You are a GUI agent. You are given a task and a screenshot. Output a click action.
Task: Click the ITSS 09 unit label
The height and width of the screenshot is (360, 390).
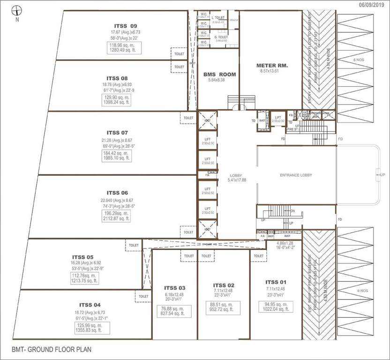point(126,26)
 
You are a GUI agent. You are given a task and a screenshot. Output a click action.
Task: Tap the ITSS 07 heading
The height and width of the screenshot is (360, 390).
point(117,133)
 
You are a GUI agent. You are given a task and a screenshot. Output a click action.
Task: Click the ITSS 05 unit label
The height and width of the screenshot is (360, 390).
point(83,257)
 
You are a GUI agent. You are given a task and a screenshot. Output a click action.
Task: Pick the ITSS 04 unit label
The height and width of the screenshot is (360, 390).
point(90,305)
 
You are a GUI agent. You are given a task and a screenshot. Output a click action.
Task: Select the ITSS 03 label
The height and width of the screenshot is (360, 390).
point(175,288)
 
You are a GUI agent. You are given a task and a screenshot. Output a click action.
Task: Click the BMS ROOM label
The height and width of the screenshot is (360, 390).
point(219,75)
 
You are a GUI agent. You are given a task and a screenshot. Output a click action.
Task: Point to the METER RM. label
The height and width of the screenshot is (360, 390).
point(272,65)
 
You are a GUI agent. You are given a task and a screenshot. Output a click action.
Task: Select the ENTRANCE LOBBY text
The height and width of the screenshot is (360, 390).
point(296,175)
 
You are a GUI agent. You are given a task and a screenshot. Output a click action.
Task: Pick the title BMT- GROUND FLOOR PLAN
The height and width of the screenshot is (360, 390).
point(52,350)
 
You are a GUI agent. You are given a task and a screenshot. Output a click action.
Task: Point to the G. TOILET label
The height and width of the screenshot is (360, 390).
point(221,37)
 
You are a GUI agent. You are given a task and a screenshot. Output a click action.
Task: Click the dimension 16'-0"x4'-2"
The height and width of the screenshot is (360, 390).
point(285,249)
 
